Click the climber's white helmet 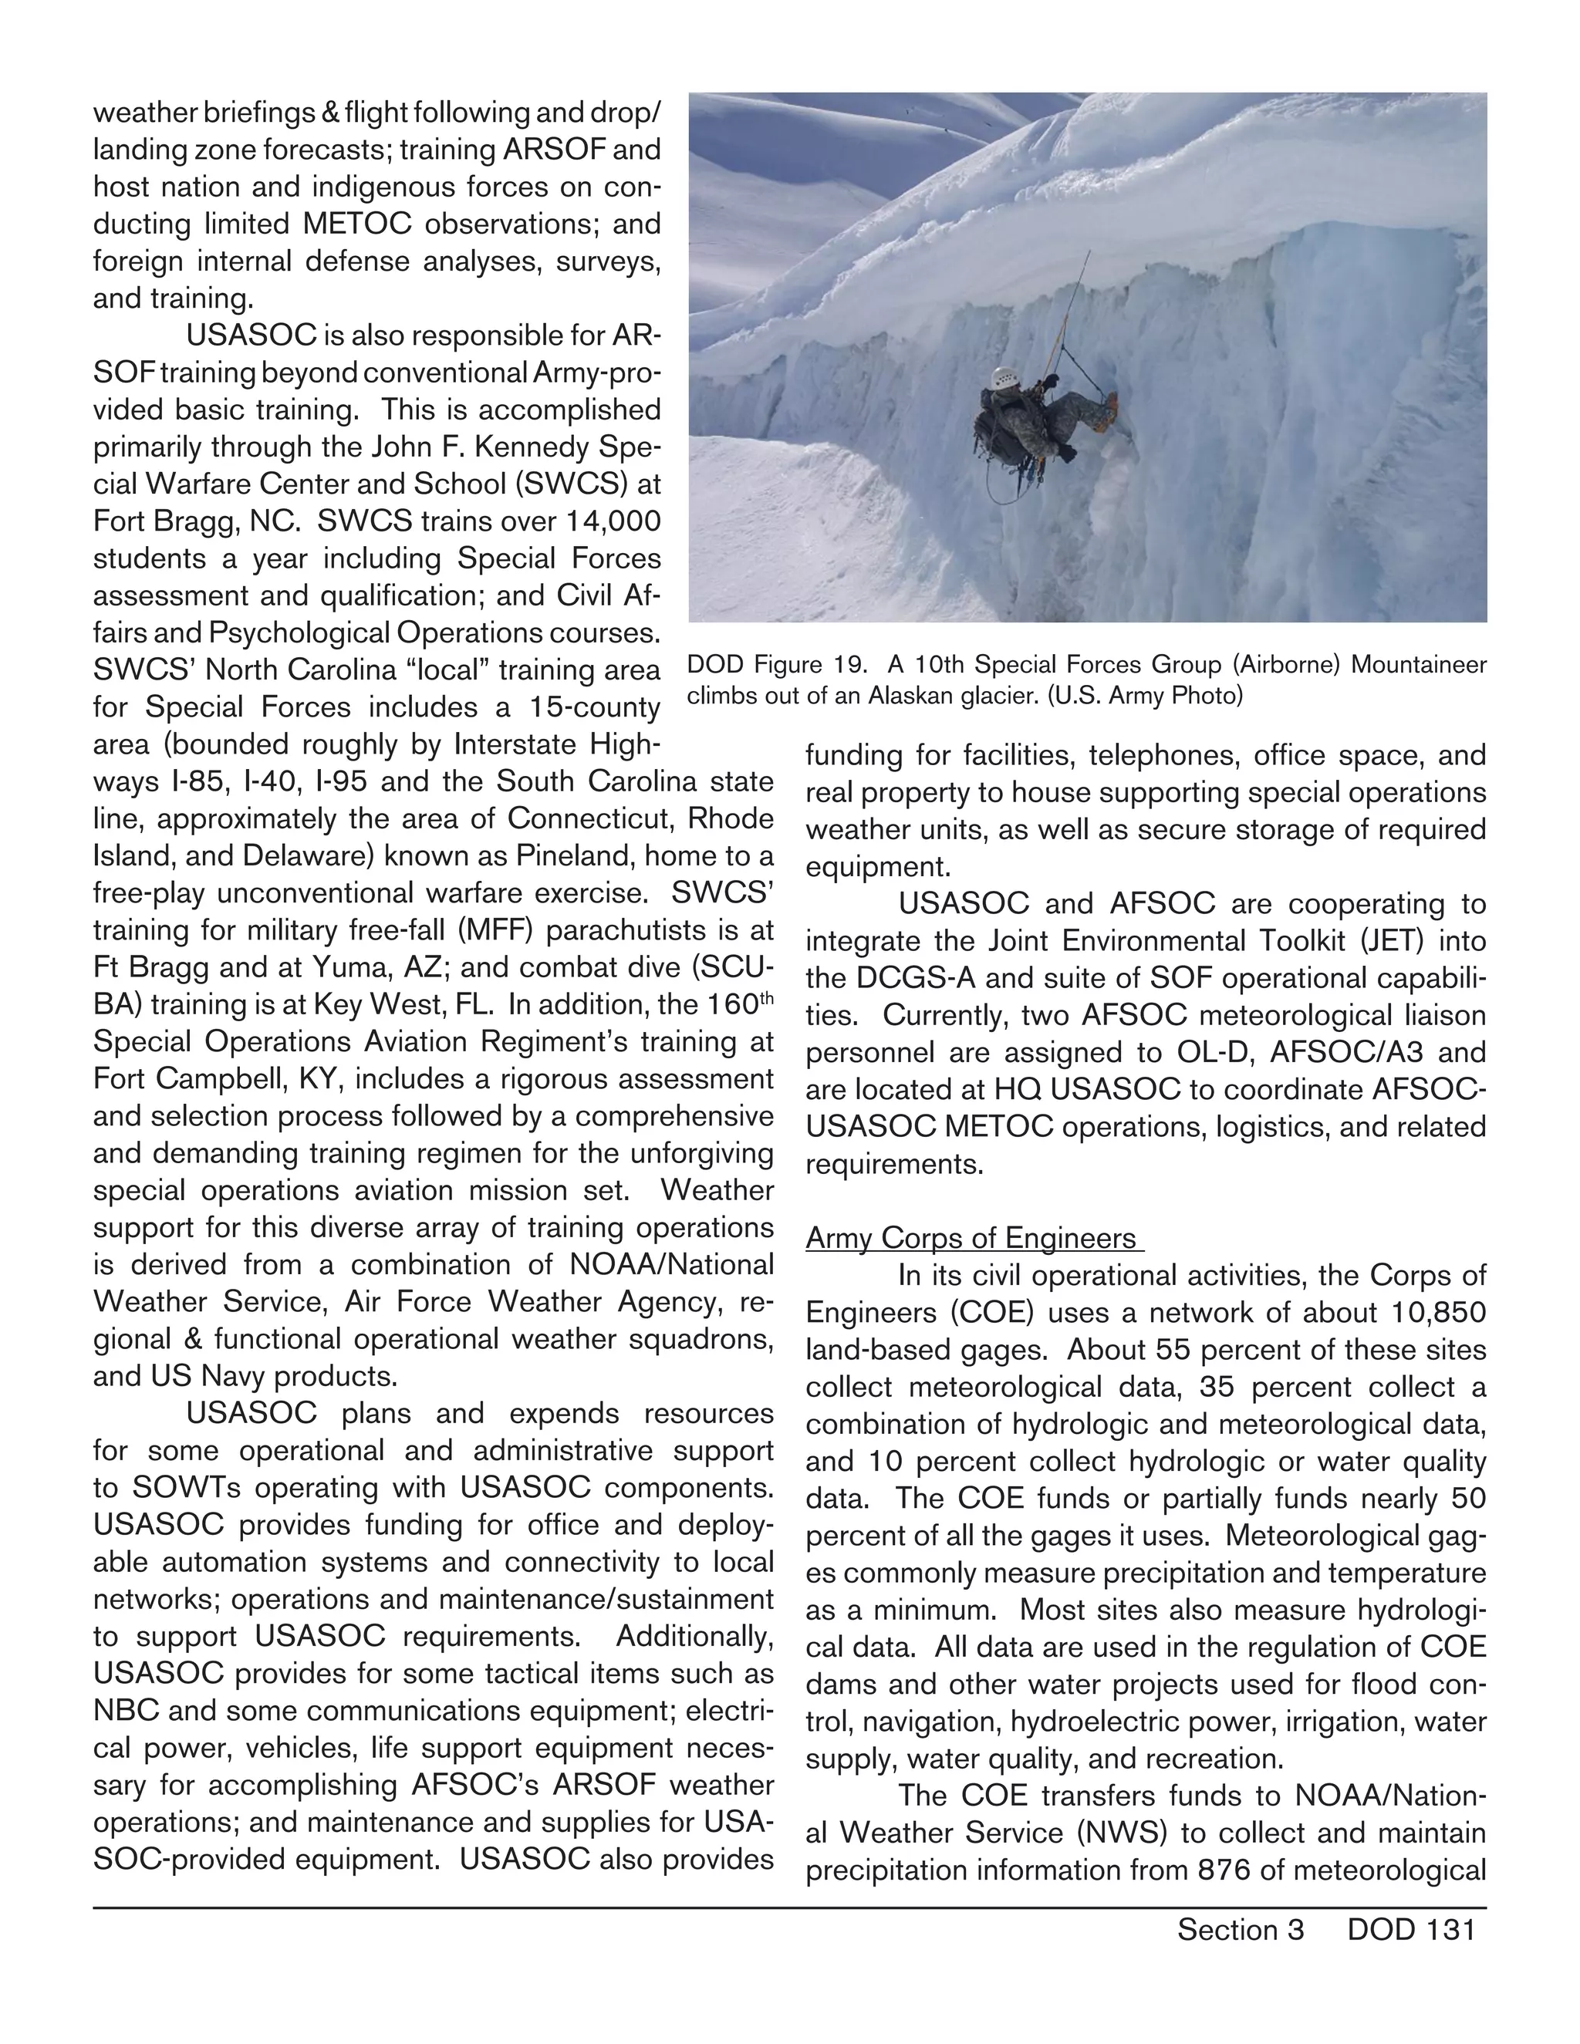pos(1002,379)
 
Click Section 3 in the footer pos(1241,1930)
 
